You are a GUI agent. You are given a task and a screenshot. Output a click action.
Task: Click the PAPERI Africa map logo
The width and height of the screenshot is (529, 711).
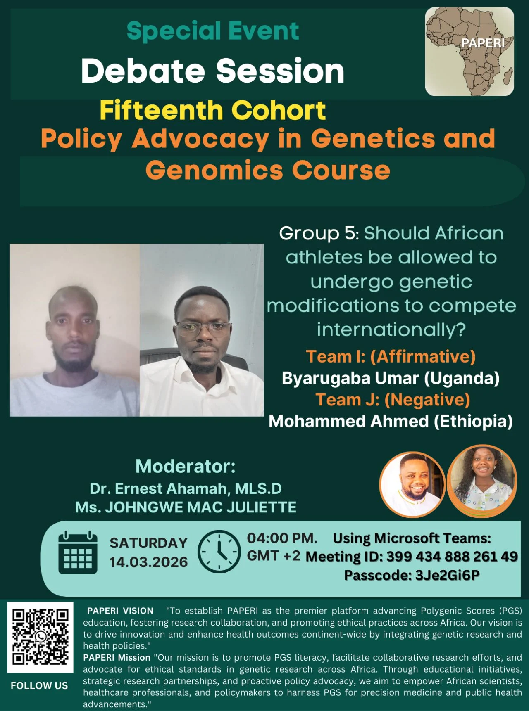469,52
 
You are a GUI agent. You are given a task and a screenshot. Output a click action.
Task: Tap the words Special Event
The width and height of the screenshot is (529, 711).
213,31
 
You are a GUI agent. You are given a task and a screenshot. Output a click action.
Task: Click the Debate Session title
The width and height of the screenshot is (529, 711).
213,71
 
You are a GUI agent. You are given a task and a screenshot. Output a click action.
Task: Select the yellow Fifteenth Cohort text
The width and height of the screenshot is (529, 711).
213,110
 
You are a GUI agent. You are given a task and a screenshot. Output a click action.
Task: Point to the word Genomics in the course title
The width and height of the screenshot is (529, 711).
214,170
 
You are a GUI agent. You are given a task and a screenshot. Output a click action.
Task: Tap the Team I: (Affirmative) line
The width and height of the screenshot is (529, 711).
391,356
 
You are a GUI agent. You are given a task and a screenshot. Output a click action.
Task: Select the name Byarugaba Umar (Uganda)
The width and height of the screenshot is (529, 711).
391,378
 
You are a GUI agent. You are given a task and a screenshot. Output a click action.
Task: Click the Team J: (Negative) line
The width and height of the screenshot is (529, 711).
393,400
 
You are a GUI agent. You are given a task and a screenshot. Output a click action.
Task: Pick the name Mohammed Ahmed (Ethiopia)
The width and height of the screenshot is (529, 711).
391,422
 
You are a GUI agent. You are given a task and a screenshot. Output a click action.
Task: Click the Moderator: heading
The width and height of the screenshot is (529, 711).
186,467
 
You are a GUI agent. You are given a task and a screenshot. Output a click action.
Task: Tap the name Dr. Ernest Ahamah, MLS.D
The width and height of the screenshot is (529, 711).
186,489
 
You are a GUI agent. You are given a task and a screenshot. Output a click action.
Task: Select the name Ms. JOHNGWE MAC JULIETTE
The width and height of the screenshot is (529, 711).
186,507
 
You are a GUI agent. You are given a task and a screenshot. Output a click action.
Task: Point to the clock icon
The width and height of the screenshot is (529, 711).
219,552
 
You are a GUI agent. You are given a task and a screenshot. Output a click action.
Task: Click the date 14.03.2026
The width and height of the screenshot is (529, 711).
148,562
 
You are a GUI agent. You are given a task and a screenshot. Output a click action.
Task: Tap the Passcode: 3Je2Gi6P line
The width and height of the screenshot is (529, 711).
412,575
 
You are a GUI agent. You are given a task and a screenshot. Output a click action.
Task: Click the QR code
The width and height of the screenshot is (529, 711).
40,637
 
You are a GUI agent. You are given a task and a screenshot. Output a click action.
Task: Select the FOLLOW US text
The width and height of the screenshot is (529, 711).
39,686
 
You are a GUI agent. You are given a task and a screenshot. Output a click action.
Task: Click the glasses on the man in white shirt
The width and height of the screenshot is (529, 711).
203,329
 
